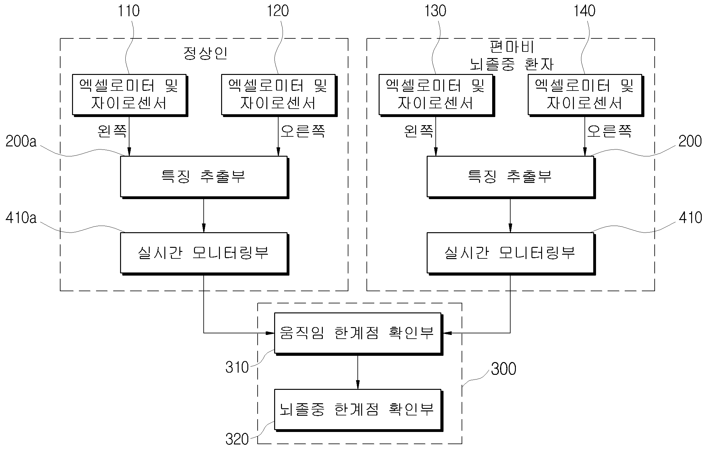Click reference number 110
(x=128, y=11)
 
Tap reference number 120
(x=278, y=11)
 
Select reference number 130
(x=435, y=11)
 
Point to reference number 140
(x=584, y=11)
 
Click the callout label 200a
(x=21, y=141)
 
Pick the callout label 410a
(x=21, y=218)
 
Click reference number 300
(x=503, y=369)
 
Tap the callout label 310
(x=237, y=367)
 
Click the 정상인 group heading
(x=205, y=53)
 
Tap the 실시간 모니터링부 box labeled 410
(x=511, y=253)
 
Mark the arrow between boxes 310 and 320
(x=357, y=372)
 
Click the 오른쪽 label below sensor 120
(x=303, y=131)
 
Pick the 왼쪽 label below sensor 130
(x=419, y=131)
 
